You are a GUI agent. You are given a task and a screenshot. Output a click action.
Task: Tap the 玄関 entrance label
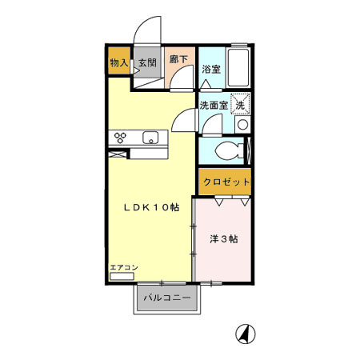click(146, 62)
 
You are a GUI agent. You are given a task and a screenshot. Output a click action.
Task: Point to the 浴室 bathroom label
click(210, 70)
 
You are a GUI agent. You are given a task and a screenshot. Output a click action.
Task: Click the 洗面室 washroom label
click(214, 105)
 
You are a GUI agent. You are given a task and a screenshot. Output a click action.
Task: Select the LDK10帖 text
click(150, 207)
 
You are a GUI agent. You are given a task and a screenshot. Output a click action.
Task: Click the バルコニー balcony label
click(166, 298)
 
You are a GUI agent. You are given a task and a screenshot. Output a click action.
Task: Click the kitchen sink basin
click(150, 138)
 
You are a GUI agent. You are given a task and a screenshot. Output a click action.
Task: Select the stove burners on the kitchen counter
click(122, 138)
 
